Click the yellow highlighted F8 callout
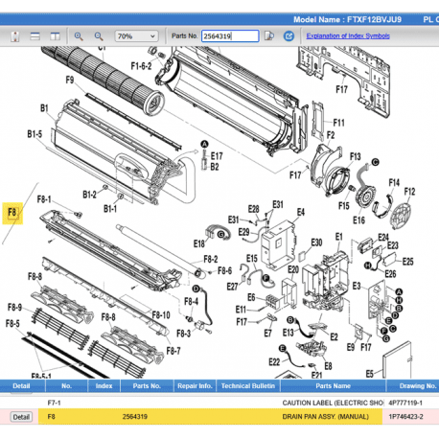(x=12, y=213)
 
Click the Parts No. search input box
(x=230, y=35)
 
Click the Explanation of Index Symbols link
(x=348, y=35)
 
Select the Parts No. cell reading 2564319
(x=134, y=417)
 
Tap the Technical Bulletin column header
(x=248, y=386)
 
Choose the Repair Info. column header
(x=194, y=386)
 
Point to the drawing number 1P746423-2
(x=407, y=417)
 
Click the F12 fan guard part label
(x=410, y=191)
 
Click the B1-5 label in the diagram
(x=35, y=132)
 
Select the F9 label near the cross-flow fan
(x=70, y=80)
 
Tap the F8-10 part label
(x=160, y=315)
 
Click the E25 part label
(x=406, y=260)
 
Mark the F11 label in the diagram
(x=337, y=123)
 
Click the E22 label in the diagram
(x=274, y=361)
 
